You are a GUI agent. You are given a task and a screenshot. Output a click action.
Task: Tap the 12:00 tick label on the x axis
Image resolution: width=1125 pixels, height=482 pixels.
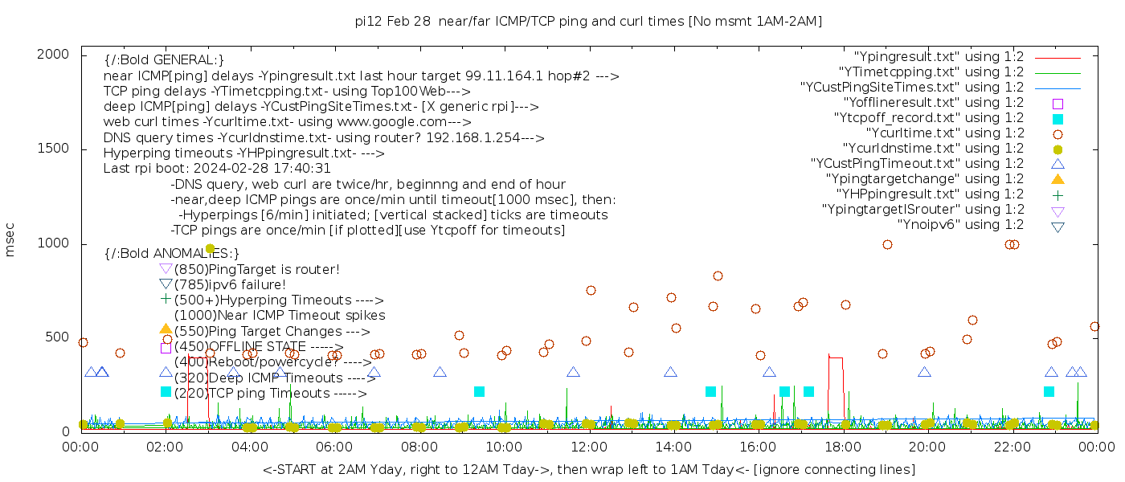(x=589, y=446)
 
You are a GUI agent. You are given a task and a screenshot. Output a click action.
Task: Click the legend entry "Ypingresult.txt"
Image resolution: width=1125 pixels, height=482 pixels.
(x=939, y=57)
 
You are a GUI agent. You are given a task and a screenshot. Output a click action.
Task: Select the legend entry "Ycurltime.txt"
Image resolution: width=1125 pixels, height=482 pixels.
(x=944, y=133)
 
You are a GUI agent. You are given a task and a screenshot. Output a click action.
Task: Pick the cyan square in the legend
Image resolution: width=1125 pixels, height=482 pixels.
(x=1057, y=118)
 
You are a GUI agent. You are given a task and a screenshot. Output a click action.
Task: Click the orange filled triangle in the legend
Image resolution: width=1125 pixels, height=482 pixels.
(x=1057, y=179)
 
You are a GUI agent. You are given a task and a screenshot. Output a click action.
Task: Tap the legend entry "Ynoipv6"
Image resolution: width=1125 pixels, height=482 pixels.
(x=960, y=225)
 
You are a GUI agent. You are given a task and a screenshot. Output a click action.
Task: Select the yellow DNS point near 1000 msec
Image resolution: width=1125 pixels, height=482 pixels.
(x=210, y=249)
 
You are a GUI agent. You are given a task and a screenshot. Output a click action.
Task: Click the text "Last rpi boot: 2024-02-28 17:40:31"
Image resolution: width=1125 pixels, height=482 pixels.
(x=217, y=169)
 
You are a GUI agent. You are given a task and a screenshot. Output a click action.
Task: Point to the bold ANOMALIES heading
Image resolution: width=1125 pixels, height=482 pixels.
(x=172, y=253)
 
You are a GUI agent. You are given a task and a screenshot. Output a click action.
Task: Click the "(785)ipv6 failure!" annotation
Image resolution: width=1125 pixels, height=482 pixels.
(x=230, y=284)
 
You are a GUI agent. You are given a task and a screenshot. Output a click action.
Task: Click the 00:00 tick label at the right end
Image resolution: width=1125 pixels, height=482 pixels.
(x=1094, y=446)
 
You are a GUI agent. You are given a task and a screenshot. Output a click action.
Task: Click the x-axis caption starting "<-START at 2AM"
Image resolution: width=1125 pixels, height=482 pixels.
(x=588, y=469)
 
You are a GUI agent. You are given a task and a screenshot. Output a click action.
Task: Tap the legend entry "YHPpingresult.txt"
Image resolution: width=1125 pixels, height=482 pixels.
(x=931, y=194)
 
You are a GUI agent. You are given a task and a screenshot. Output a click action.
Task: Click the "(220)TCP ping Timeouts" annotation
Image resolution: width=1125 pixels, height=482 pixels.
(x=270, y=394)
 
